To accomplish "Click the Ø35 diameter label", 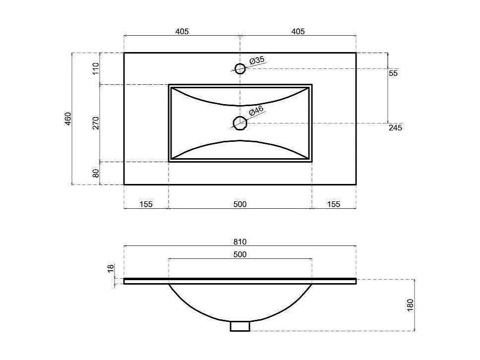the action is (x=257, y=60).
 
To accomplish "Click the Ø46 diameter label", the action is (x=256, y=111).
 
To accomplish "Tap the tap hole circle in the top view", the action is (x=240, y=68).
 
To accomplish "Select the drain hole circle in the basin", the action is (x=240, y=123).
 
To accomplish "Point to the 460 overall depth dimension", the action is (x=68, y=119).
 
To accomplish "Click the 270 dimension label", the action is (x=96, y=123).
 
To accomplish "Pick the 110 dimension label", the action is (x=96, y=68).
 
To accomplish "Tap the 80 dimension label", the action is (x=96, y=173).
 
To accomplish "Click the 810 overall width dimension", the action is (x=240, y=242).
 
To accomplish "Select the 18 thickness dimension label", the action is (x=111, y=268).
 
